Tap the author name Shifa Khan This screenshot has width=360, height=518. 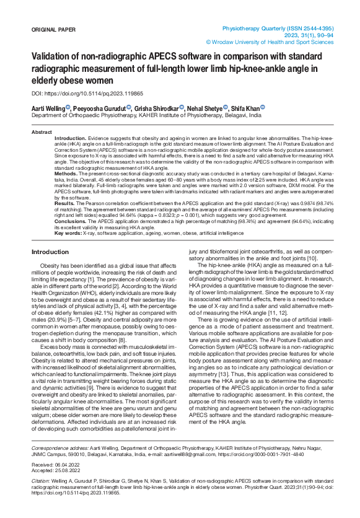[x=245, y=107]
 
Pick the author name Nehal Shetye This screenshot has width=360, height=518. [x=206, y=107]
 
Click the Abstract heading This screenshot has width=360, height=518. [x=42, y=133]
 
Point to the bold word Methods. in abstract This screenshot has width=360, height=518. [x=66, y=174]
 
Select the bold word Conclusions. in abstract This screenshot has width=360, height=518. [x=70, y=221]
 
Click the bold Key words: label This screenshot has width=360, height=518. [x=68, y=232]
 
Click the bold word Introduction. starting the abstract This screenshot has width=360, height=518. [x=71, y=138]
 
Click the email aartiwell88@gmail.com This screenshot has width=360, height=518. [x=190, y=453]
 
